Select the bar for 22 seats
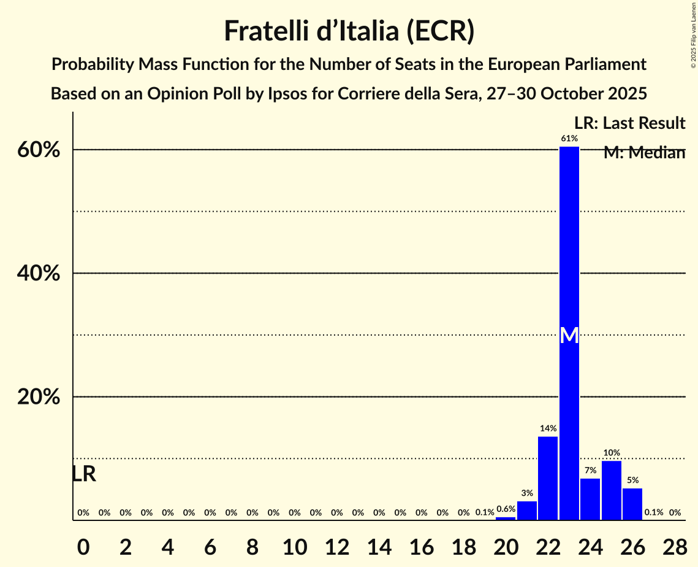tap(548, 478)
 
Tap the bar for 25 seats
tap(612, 490)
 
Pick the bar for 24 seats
tap(590, 499)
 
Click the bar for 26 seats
tap(632, 504)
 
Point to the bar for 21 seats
tap(527, 511)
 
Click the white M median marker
tap(569, 335)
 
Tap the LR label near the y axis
tap(84, 474)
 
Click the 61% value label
tap(569, 139)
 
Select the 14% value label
tap(548, 428)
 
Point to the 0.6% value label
tap(506, 509)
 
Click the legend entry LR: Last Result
tap(629, 123)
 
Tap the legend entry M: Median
tap(644, 153)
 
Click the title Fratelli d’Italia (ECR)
tap(349, 31)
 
